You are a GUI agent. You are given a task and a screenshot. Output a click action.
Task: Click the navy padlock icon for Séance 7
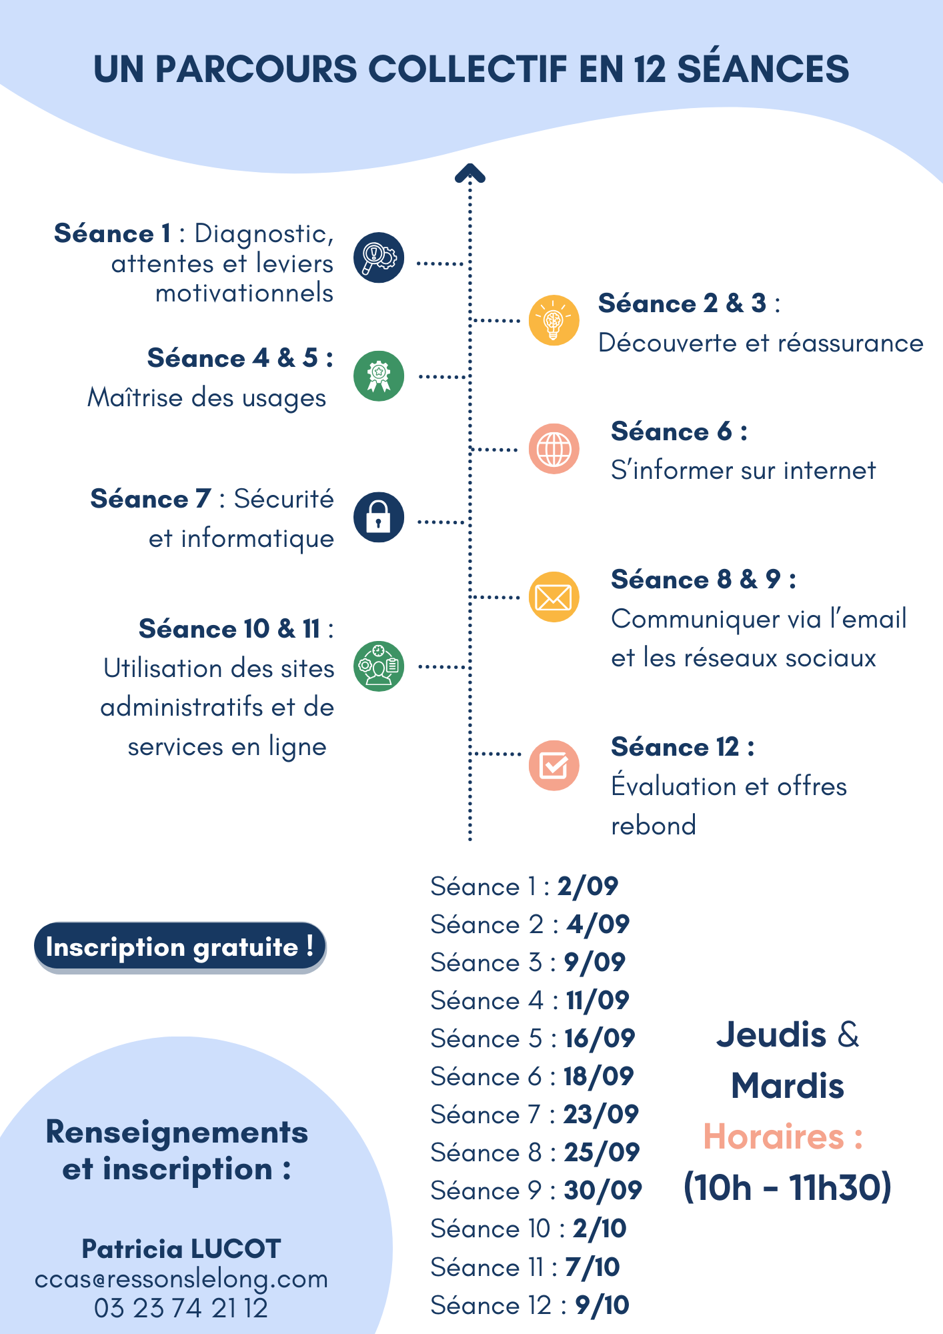click(379, 517)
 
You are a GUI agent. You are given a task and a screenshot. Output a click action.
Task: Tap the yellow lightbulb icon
click(554, 320)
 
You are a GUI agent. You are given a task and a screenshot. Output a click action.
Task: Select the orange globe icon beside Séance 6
click(554, 449)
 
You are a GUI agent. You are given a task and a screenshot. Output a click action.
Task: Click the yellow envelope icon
click(554, 597)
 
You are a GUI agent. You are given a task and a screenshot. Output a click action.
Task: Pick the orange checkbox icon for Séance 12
click(554, 765)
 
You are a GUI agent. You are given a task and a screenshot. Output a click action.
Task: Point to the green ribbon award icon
click(379, 376)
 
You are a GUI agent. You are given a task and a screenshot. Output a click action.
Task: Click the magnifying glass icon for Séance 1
click(379, 257)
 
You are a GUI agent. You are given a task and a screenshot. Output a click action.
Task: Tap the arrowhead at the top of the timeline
click(469, 173)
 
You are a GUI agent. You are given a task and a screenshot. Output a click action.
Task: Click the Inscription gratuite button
click(180, 947)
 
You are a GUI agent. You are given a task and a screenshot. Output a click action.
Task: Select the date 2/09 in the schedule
click(588, 886)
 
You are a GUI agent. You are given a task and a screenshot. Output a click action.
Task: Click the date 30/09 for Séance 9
click(603, 1190)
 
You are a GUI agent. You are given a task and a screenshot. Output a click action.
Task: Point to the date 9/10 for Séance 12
click(602, 1305)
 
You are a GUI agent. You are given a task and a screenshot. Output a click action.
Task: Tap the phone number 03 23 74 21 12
click(181, 1308)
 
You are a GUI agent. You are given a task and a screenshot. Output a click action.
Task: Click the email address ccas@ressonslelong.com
click(181, 1279)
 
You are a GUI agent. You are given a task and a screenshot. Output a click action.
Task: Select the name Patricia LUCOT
click(181, 1249)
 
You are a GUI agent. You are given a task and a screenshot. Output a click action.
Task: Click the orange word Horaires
click(774, 1137)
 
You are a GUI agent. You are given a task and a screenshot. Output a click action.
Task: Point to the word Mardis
click(788, 1086)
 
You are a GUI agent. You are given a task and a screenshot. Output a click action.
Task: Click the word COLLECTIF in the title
click(467, 69)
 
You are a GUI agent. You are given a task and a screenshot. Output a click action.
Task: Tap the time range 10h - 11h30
click(788, 1188)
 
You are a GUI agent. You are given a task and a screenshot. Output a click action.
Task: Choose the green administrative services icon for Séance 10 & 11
click(379, 666)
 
